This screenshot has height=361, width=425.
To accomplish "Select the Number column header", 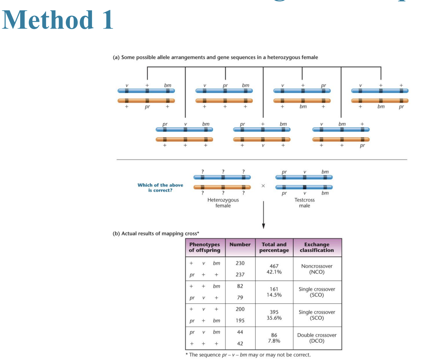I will [x=240, y=244].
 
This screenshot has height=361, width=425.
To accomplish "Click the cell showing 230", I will [x=240, y=263].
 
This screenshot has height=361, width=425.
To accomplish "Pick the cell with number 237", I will [x=240, y=275].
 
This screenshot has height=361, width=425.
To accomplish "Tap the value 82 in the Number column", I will [x=240, y=286].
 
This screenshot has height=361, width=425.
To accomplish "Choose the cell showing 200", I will [x=240, y=309].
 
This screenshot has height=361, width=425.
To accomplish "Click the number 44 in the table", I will [x=240, y=332].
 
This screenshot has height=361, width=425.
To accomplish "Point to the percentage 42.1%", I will [x=274, y=272].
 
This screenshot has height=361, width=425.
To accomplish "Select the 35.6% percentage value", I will [x=274, y=318].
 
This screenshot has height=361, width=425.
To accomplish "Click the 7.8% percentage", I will [x=274, y=341].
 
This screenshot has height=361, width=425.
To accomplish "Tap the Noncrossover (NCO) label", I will [x=317, y=269].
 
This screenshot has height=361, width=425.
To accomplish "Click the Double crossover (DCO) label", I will [x=317, y=338].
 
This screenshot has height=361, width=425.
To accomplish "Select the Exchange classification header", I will [x=317, y=247].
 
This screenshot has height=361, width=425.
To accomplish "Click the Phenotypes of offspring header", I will [x=204, y=247].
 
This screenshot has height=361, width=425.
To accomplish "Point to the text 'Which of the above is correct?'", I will [x=160, y=187].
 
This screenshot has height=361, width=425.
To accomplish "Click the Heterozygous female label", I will [x=223, y=203].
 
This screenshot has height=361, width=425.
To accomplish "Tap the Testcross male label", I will [x=304, y=203].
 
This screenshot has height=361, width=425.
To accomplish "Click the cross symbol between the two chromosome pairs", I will [x=263, y=186].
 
